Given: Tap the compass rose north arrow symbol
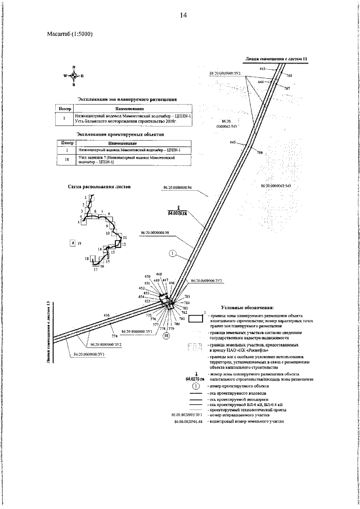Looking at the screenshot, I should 73,75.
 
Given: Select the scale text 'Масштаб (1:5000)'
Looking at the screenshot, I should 70,34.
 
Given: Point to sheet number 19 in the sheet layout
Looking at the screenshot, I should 79,242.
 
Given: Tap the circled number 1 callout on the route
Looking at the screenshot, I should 173,254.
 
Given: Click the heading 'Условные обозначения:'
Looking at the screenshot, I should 247,308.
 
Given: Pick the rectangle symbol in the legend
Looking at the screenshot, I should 196,319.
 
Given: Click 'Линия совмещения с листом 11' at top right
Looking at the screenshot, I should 277,58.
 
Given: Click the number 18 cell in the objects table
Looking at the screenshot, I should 67,161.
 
